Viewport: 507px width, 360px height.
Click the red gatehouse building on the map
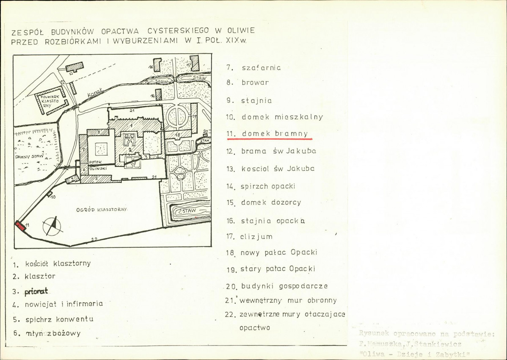20,226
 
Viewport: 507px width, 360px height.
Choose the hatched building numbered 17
195,63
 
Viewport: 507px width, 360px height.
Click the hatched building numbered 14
159,95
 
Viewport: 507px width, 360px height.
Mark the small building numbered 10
50,194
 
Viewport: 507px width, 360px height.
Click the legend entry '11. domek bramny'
269,134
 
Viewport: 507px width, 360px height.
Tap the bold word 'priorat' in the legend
36,291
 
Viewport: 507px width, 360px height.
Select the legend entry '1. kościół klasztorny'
52,263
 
